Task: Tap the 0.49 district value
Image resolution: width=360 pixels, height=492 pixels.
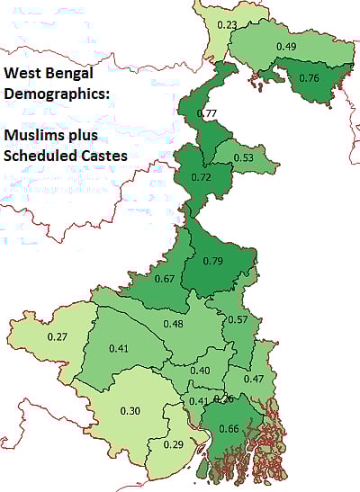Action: [287, 46]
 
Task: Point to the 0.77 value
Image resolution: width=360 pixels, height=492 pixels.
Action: [207, 113]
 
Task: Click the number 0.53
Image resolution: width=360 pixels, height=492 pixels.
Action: [243, 158]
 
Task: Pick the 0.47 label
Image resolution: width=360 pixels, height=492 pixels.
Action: [254, 379]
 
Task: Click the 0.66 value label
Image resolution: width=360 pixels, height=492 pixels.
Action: [229, 429]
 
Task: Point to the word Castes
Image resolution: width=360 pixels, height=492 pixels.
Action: [98, 155]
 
